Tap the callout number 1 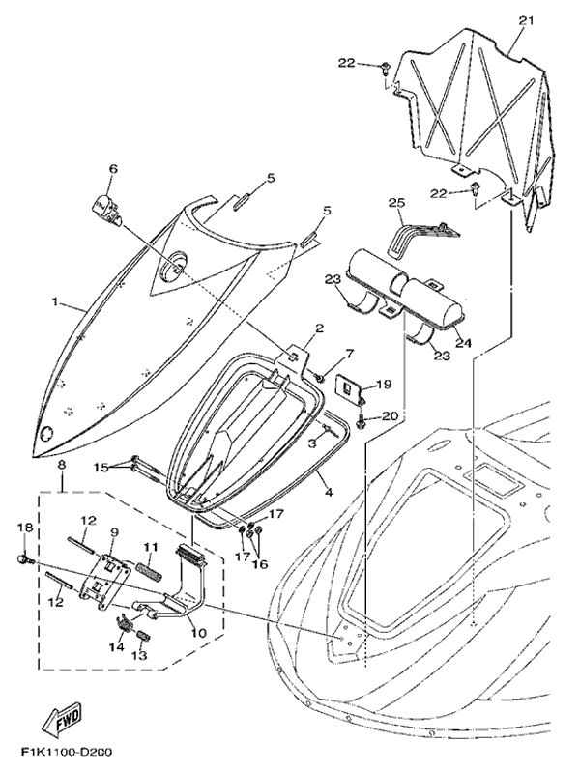pyautogui.click(x=54, y=301)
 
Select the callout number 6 pyautogui.click(x=113, y=169)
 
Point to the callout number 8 pyautogui.click(x=62, y=465)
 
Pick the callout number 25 pyautogui.click(x=394, y=203)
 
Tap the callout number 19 pyautogui.click(x=383, y=385)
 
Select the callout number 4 pyautogui.click(x=330, y=492)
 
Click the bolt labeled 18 pyautogui.click(x=24, y=559)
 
